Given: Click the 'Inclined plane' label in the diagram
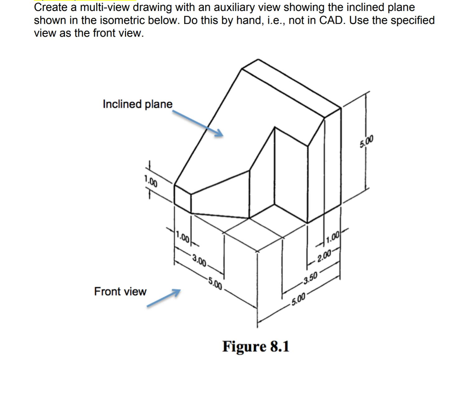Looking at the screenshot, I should [138, 104].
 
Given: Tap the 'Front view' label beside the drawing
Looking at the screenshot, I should [120, 291].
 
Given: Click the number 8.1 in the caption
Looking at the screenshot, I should [279, 346].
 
